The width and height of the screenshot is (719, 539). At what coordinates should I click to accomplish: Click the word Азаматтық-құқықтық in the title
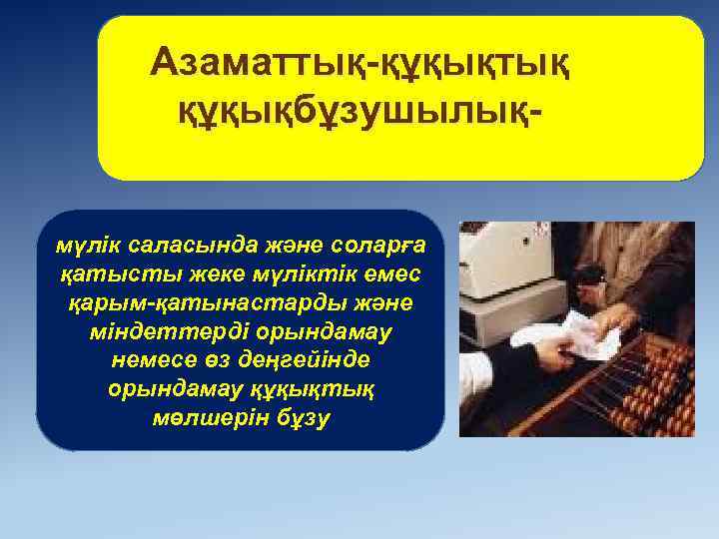[x=360, y=65]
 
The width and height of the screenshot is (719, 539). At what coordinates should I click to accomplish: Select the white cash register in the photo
[x=514, y=284]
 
